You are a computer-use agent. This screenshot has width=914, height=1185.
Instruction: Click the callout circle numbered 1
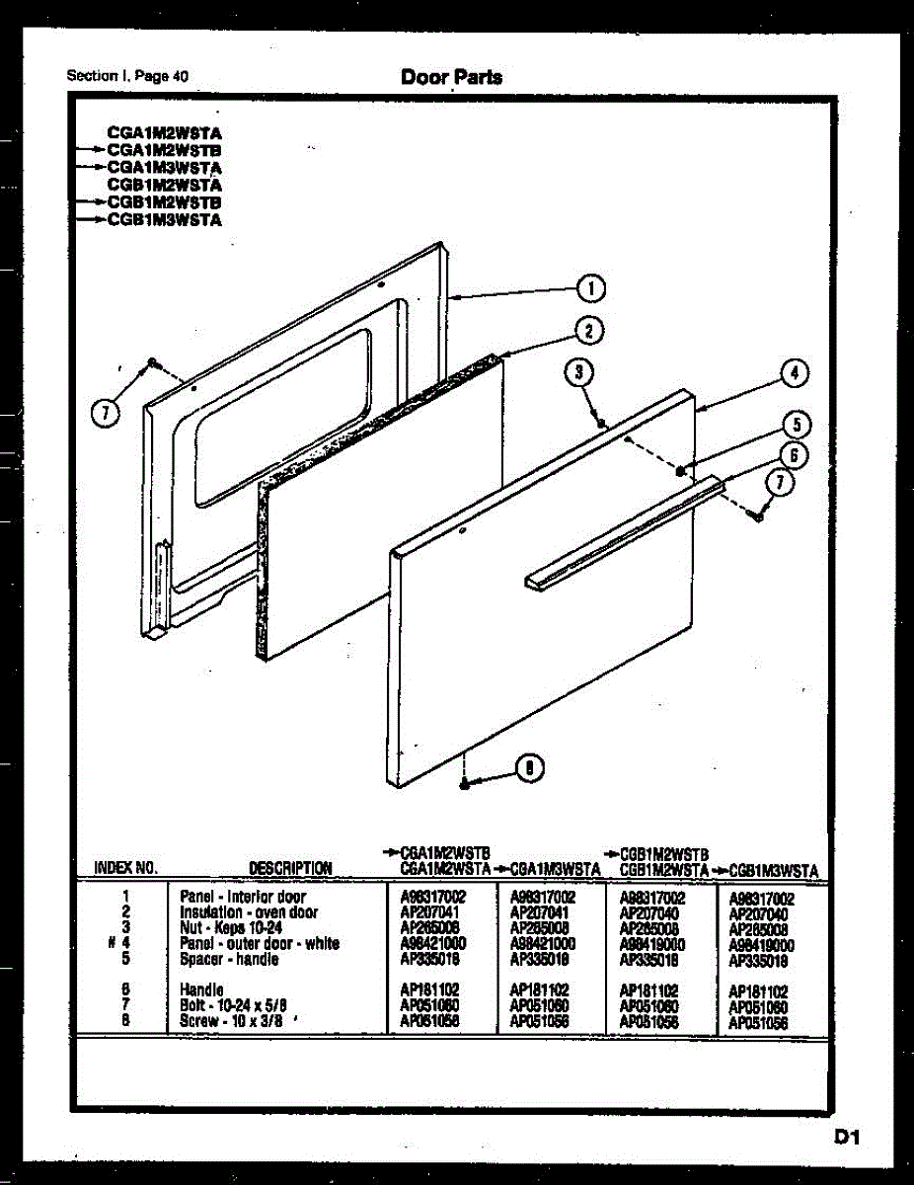(590, 288)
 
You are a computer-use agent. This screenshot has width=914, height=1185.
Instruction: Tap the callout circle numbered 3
(580, 372)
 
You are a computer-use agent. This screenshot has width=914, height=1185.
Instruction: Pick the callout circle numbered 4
(795, 373)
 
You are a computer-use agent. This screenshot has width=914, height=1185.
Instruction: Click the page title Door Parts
(451, 76)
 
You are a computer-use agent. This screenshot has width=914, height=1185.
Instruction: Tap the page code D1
(848, 1139)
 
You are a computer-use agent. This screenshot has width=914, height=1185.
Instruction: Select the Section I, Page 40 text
(127, 76)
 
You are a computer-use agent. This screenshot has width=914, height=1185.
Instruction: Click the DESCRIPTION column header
(290, 869)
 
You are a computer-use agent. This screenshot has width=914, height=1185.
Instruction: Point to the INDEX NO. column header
(125, 869)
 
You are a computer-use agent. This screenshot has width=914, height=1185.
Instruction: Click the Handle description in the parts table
(201, 989)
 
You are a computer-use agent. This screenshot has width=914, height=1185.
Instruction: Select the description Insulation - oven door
(248, 912)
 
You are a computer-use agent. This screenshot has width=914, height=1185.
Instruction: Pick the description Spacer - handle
(229, 958)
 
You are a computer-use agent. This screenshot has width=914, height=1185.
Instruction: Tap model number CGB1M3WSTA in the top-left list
(164, 220)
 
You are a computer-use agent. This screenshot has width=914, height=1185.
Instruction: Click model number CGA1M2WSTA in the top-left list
(164, 131)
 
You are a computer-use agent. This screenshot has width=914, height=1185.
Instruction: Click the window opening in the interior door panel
(281, 415)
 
